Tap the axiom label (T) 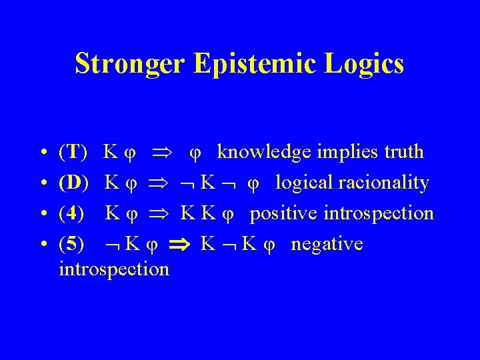[x=73, y=152]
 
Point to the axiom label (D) [x=74, y=183]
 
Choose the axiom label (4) [x=72, y=213]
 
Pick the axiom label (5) [x=72, y=244]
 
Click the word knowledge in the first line [x=263, y=153]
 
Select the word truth [x=401, y=152]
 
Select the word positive [x=284, y=214]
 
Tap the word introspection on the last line [x=114, y=269]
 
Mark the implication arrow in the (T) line [x=165, y=153]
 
